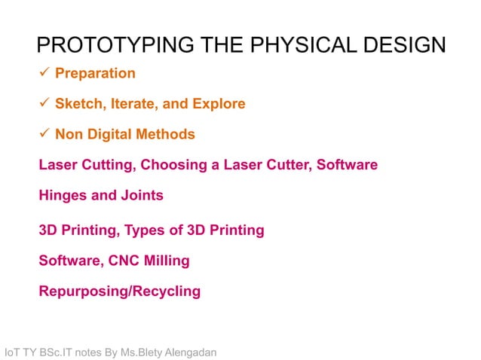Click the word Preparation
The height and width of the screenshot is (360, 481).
point(95,74)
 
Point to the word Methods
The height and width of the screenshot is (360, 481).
point(167,135)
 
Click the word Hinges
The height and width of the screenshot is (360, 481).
point(63,196)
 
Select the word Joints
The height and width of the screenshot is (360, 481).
point(142,196)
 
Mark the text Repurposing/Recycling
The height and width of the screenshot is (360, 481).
point(119,291)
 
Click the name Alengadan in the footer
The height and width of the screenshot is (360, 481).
point(186,352)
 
